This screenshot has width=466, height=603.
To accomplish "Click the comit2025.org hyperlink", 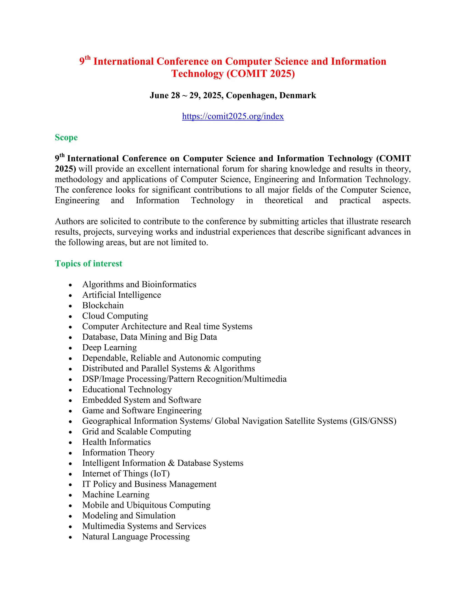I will [233, 116].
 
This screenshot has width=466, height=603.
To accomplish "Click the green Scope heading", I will [66, 137].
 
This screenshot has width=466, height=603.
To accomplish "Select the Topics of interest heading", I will [88, 263].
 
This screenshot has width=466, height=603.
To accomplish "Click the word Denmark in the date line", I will [298, 96].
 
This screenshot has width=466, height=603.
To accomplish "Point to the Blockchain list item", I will [103, 305].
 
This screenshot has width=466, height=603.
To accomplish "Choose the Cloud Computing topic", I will [115, 316].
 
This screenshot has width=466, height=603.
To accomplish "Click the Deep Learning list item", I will [109, 347].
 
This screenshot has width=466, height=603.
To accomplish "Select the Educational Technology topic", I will [127, 389].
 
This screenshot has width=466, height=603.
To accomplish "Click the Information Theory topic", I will [118, 452].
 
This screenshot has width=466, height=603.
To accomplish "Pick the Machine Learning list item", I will [116, 494].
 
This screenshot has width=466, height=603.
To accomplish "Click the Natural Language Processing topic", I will [136, 537].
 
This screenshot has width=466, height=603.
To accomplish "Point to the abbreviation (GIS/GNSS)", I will [373, 421].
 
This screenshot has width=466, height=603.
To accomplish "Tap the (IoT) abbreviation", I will [160, 474].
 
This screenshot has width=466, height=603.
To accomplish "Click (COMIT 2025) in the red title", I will [261, 74].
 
